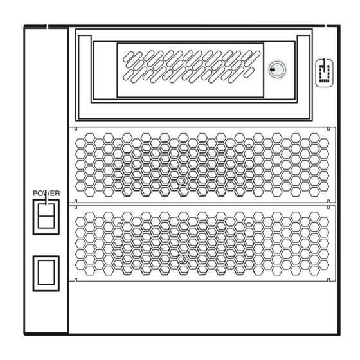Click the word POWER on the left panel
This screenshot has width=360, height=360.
[x=46, y=194]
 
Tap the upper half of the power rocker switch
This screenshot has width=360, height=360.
[x=46, y=210]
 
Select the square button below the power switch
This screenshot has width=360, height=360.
[x=46, y=273]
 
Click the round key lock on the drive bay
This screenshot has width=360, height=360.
[x=277, y=69]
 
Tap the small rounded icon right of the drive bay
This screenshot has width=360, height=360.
[x=325, y=73]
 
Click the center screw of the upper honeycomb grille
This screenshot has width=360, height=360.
[x=181, y=181]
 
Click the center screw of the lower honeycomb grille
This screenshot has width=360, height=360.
[x=181, y=259]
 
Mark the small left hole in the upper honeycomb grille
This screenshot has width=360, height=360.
[x=120, y=146]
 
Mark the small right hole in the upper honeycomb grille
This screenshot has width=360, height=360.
[x=249, y=146]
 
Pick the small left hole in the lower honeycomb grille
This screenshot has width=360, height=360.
[x=120, y=224]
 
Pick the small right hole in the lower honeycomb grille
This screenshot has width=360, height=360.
[x=249, y=224]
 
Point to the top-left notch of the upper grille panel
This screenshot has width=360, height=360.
[x=76, y=129]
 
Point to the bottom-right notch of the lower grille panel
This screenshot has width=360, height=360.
[x=328, y=280]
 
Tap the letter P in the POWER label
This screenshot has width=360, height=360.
[x=35, y=194]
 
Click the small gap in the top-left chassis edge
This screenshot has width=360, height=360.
[x=48, y=26]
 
